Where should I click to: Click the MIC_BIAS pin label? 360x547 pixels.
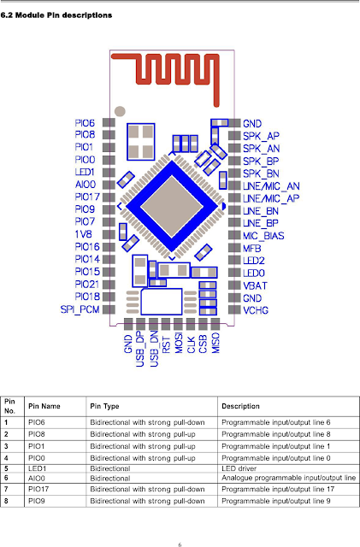263,234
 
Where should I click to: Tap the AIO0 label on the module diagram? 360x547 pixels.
85,184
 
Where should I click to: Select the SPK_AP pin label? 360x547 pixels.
260,135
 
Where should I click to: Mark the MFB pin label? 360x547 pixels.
252,246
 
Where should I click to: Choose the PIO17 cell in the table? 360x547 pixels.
42,488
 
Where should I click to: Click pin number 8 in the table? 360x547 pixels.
7,501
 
